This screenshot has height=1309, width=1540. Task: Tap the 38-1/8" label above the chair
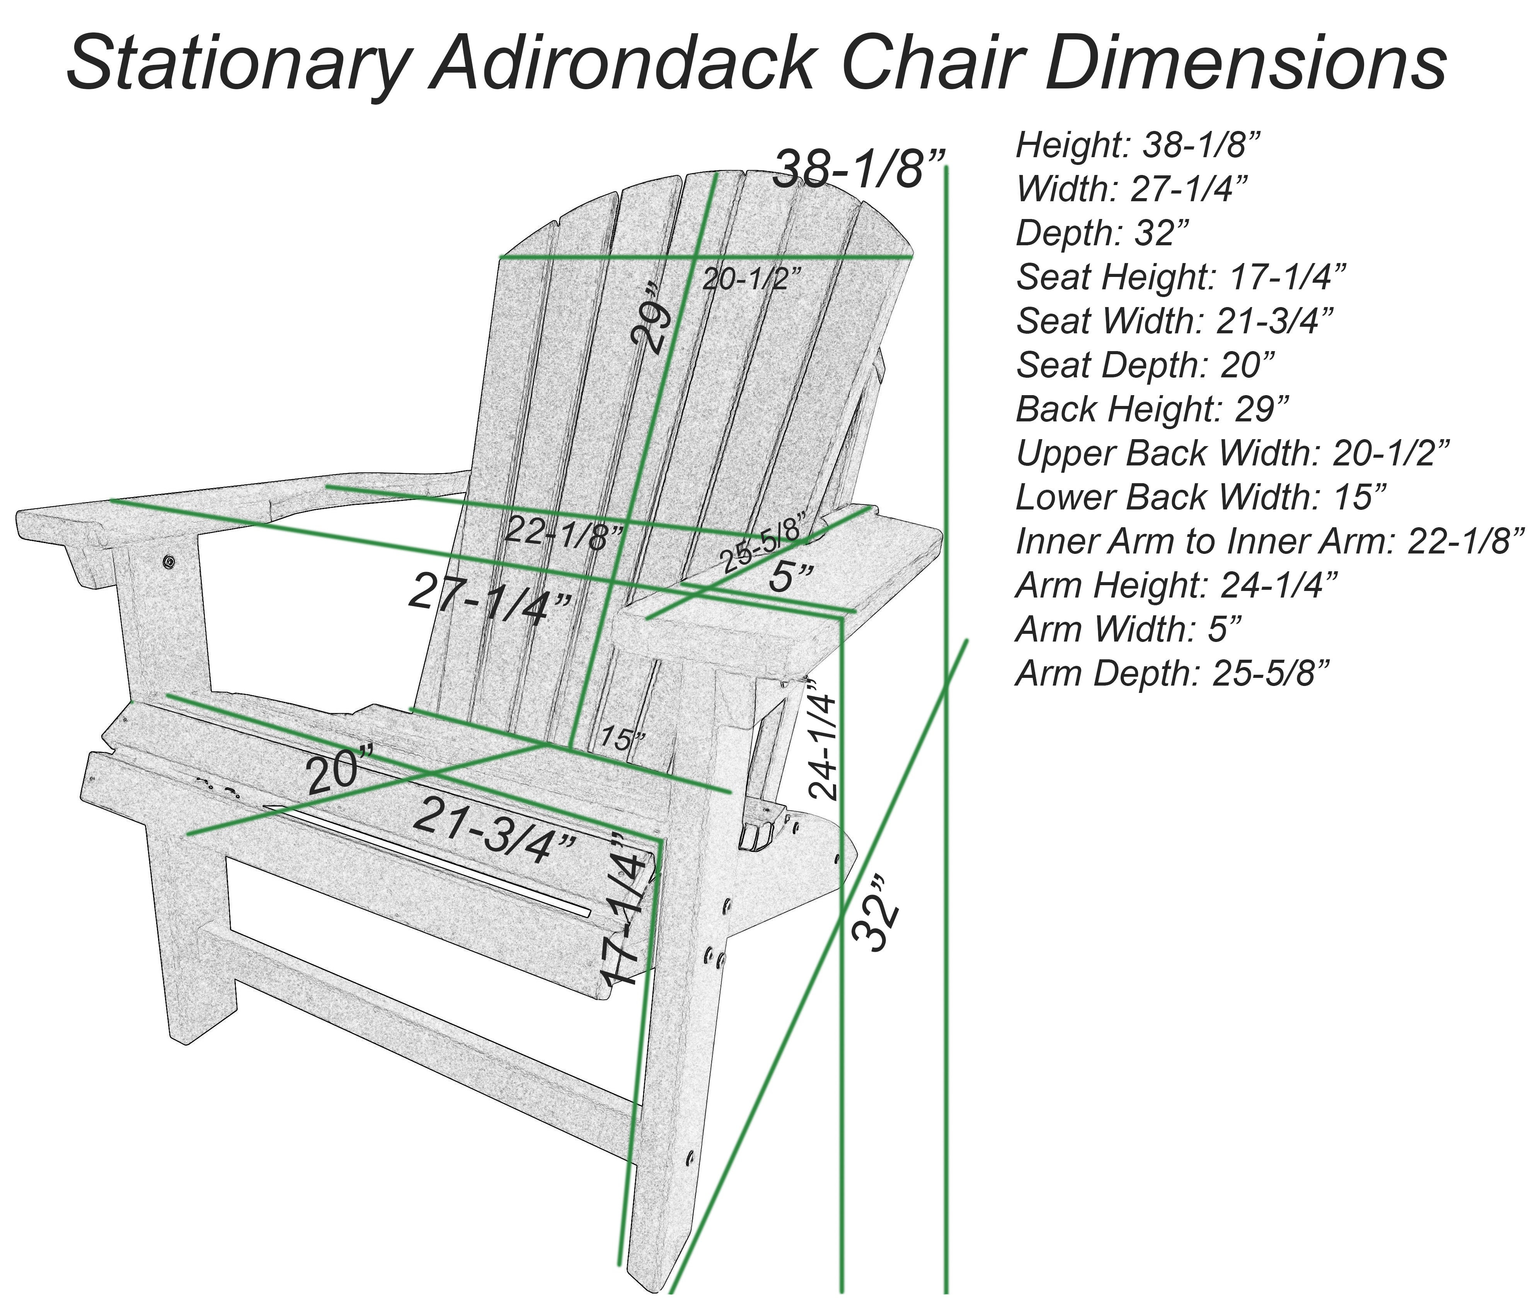(859, 169)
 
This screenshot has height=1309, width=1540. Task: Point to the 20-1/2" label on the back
(751, 279)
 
